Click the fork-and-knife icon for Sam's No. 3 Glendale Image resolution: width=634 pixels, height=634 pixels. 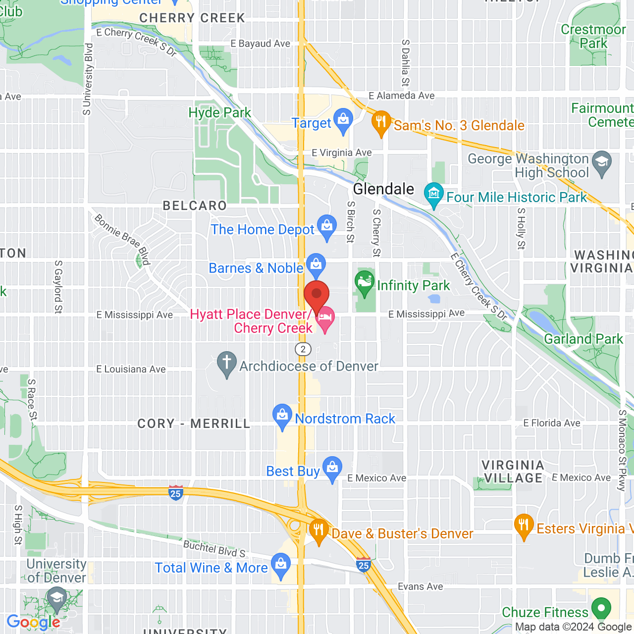point(381,121)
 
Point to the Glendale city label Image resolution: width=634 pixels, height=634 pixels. point(383,189)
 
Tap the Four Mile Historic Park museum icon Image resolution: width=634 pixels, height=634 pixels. point(434,194)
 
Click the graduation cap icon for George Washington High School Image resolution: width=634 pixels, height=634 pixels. point(602,163)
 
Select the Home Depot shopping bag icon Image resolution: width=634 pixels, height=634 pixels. point(326,226)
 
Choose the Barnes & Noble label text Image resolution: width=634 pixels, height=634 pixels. point(256,268)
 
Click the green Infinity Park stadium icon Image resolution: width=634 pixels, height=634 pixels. point(365,282)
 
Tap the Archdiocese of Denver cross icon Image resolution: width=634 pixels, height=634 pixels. point(227,363)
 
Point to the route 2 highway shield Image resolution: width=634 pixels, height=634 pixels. point(303,349)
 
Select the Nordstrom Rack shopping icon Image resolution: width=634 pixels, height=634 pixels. point(282,415)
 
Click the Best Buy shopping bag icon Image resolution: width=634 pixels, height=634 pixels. point(332,468)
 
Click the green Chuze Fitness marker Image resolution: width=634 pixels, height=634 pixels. point(601,608)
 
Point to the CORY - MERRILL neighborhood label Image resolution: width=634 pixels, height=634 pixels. point(194,424)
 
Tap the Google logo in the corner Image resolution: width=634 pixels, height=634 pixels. point(33,622)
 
